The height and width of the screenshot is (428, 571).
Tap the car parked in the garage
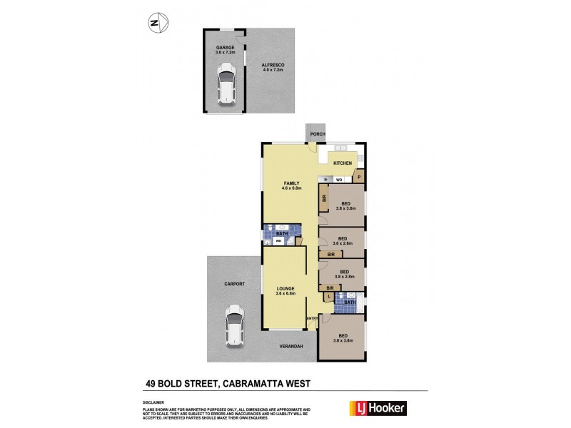pos(226,84)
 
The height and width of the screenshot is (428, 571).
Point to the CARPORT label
pos(234,284)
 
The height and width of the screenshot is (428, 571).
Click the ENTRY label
pos(311,317)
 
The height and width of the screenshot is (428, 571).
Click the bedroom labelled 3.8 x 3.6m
pos(347,205)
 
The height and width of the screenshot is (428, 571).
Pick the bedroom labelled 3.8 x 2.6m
pos(343,240)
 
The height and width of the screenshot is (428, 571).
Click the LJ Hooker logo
pos(376,409)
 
